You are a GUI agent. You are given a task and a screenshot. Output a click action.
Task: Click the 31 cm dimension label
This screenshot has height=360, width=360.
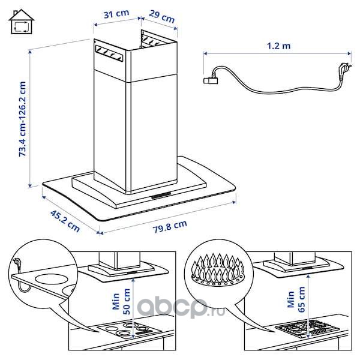[x=116, y=14]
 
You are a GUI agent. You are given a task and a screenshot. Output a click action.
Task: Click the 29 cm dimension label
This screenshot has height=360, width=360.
[x=161, y=16]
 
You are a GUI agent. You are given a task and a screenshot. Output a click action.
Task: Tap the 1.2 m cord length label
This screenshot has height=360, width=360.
[x=278, y=46]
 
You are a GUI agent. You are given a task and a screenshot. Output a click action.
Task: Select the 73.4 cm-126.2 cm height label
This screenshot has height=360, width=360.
[x=23, y=119]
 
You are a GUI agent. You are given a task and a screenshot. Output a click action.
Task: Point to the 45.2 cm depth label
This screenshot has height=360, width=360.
[x=65, y=221]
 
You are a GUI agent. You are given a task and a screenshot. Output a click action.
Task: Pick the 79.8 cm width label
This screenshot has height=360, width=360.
[x=170, y=226]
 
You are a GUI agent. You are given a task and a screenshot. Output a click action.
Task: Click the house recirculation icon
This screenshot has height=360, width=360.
[x=22, y=22]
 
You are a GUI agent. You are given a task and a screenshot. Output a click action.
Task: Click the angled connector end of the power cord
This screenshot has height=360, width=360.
[x=211, y=79]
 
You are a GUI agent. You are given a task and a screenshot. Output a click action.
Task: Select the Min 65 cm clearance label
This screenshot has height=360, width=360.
[x=296, y=299]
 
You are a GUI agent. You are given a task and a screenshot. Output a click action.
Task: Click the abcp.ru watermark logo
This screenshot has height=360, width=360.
[x=181, y=307]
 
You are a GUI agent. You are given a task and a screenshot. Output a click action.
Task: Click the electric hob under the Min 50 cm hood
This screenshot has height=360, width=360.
[x=129, y=329]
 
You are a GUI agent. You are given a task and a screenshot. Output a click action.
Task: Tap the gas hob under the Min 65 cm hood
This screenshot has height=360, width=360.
[x=308, y=327]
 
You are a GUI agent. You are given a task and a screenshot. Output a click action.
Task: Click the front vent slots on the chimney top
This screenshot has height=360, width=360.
[x=109, y=53]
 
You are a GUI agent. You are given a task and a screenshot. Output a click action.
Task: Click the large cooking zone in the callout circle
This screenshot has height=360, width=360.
[x=49, y=279]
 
